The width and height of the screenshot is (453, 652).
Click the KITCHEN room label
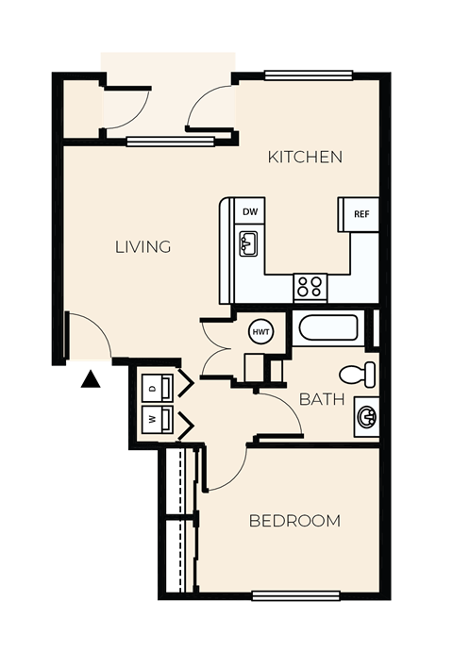pyautogui.click(x=305, y=157)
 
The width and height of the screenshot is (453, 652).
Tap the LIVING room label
pyautogui.click(x=143, y=247)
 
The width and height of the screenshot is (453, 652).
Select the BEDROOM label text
pyautogui.click(x=294, y=521)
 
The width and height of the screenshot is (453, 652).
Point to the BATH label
pyautogui.click(x=321, y=399)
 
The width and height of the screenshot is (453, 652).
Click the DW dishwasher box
pyautogui.click(x=249, y=212)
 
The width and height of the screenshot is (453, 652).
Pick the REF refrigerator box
pyautogui.click(x=360, y=214)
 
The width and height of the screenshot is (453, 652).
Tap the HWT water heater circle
pyautogui.click(x=261, y=331)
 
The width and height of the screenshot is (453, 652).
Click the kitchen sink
pyautogui.click(x=249, y=245)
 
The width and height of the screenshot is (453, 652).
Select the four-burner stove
pyautogui.click(x=309, y=285)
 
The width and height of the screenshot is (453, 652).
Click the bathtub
pyautogui.click(x=327, y=329)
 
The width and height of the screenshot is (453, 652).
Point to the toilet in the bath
pyautogui.click(x=360, y=373)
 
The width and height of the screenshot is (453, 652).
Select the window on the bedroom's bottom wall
pyautogui.click(x=295, y=594)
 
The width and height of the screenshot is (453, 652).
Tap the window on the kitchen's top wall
pyautogui.click(x=309, y=76)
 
